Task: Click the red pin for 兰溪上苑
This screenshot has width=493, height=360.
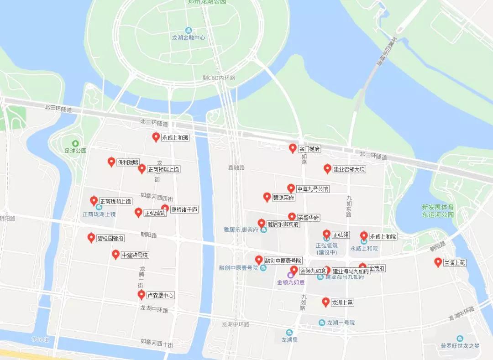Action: click(438, 262)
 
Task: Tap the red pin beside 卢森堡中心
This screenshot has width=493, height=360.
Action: click(142, 295)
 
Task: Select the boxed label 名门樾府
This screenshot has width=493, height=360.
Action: click(309, 149)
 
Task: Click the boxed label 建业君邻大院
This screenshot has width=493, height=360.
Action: click(349, 169)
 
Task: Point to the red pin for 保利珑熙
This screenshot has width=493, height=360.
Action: click(111, 162)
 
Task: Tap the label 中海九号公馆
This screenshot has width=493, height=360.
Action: click(313, 189)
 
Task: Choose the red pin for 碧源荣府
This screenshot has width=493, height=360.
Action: click(267, 197)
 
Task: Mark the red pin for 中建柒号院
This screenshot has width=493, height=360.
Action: click(116, 255)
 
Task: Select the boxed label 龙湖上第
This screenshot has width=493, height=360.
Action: click(342, 303)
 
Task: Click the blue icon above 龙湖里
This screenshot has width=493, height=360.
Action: click(289, 333)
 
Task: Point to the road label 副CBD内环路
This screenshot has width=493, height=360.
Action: click(219, 78)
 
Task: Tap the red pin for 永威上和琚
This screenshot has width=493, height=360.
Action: click(156, 137)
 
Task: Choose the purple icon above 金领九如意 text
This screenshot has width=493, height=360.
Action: click(291, 275)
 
